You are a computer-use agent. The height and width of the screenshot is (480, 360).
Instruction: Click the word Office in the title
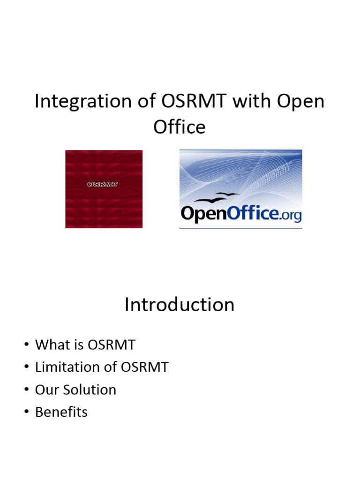click(x=180, y=127)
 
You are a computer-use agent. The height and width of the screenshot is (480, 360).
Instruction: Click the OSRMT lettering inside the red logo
click(x=103, y=184)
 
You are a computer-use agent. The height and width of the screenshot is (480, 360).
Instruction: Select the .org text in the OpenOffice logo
click(x=291, y=215)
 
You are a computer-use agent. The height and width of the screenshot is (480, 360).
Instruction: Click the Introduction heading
click(x=180, y=305)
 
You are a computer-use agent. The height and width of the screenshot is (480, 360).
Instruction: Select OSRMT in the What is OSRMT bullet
click(x=112, y=345)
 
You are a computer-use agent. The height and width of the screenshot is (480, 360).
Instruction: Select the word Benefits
click(x=61, y=412)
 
